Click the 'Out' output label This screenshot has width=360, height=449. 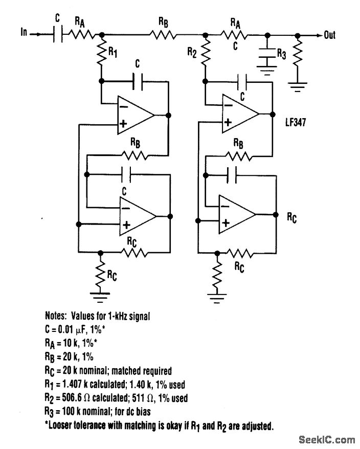pyautogui.click(x=330, y=35)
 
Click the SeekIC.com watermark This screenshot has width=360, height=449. pyautogui.click(x=326, y=439)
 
